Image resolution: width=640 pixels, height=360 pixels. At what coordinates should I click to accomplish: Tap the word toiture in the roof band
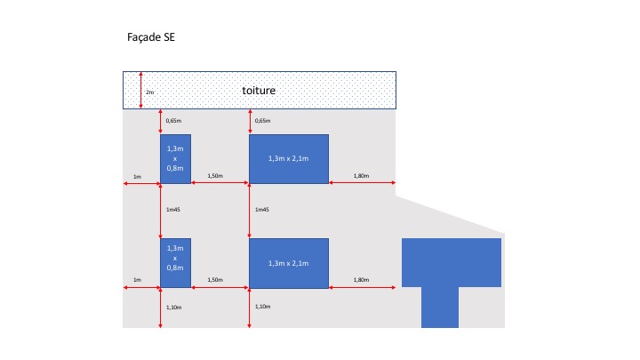pos(260,91)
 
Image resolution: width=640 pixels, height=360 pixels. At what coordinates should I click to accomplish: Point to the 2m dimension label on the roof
pos(150,92)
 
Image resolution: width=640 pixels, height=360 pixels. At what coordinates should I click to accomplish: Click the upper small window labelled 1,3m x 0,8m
pos(175,159)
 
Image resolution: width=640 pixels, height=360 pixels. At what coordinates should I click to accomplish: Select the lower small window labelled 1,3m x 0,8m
pos(175,263)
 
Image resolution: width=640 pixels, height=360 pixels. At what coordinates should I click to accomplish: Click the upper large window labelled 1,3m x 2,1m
pos(288,159)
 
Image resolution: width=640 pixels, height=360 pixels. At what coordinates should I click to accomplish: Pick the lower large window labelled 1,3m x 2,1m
pos(288,263)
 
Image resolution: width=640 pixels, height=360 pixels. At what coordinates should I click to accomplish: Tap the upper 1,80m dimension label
pos(361,176)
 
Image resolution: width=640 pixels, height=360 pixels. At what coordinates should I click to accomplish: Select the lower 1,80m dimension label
pos(361,280)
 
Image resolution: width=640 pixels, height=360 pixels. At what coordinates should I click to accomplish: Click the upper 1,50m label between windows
pos(215,176)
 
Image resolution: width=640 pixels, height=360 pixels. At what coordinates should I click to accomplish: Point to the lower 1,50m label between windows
pos(215,280)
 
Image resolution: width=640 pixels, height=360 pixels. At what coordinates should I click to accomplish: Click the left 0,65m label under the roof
pos(174,120)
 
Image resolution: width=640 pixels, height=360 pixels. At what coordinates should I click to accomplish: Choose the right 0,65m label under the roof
pos(263,120)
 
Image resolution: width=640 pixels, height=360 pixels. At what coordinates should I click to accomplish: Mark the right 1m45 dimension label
pos(262,210)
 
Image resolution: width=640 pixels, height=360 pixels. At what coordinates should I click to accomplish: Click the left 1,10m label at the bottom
pos(174,307)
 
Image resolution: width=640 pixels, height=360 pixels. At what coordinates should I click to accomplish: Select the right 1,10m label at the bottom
pos(263,307)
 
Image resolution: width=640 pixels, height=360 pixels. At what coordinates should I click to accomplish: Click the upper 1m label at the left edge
pos(137,176)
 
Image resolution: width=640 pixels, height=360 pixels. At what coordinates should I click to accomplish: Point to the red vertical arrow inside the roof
pos(141,91)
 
